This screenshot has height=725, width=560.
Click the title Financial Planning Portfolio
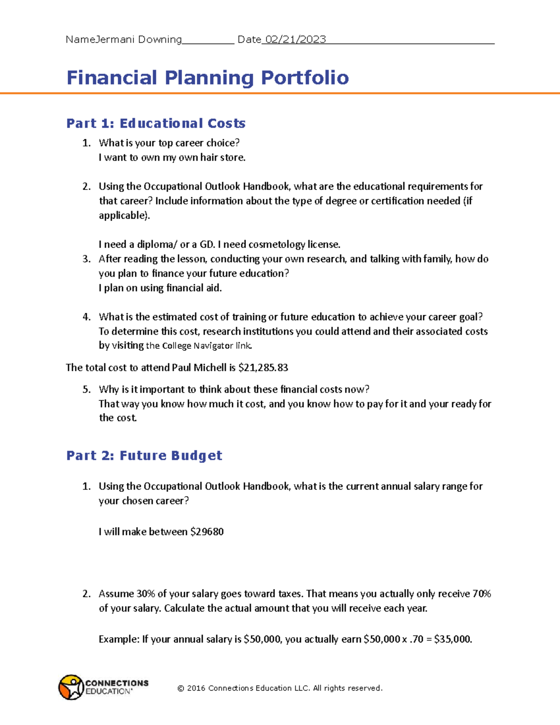point(208,77)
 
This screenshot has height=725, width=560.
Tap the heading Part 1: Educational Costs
point(156,123)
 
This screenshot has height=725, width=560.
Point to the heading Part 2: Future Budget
point(144,456)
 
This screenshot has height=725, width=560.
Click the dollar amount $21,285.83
point(263,368)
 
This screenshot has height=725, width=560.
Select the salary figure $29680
point(207,532)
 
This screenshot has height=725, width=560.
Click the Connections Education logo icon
point(71,687)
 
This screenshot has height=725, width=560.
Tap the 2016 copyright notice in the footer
point(280,688)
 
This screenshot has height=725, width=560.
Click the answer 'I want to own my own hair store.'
point(172,158)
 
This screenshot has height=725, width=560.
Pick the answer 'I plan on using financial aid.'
point(160,288)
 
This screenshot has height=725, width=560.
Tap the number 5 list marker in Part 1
point(86,390)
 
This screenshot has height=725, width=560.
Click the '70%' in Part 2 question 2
point(482,594)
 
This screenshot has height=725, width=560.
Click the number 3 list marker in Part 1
point(86,259)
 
